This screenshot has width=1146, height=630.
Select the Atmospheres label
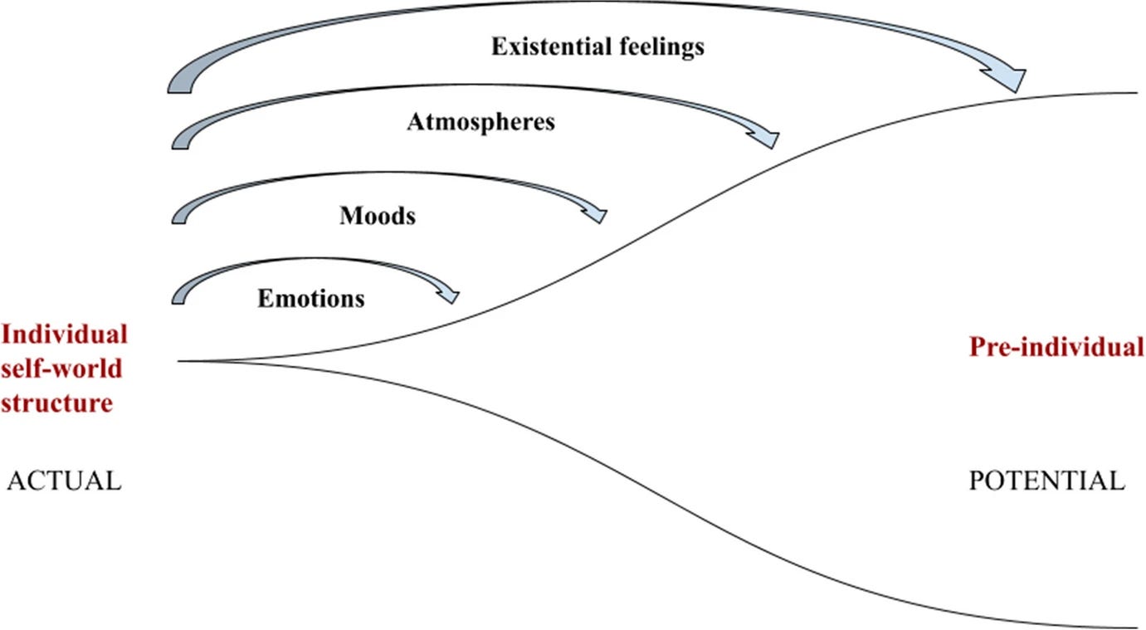point(480,123)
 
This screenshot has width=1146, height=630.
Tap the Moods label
point(378,217)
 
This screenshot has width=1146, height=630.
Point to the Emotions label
point(310,298)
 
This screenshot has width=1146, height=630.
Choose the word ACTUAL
point(64,481)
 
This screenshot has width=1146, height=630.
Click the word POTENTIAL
point(1046,481)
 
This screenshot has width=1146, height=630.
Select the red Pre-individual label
point(1056,347)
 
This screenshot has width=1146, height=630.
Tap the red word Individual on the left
point(65,335)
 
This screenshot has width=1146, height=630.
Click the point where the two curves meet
point(180,361)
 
